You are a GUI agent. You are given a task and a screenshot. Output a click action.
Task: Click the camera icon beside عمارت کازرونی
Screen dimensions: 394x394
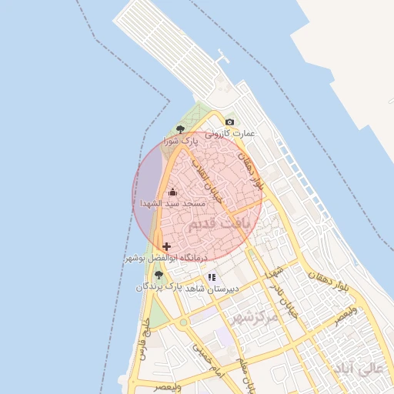229,122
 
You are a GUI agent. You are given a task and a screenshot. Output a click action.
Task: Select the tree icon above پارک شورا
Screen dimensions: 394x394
180,129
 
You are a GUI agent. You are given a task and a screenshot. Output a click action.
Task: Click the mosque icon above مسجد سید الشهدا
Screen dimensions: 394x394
172,192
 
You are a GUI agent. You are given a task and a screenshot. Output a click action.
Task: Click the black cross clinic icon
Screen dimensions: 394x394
167,246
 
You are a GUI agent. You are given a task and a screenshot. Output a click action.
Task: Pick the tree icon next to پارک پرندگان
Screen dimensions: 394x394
159,275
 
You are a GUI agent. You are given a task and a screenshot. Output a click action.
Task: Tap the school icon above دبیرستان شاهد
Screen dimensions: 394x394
212,277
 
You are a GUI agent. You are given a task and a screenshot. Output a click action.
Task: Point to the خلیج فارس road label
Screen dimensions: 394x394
143,346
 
